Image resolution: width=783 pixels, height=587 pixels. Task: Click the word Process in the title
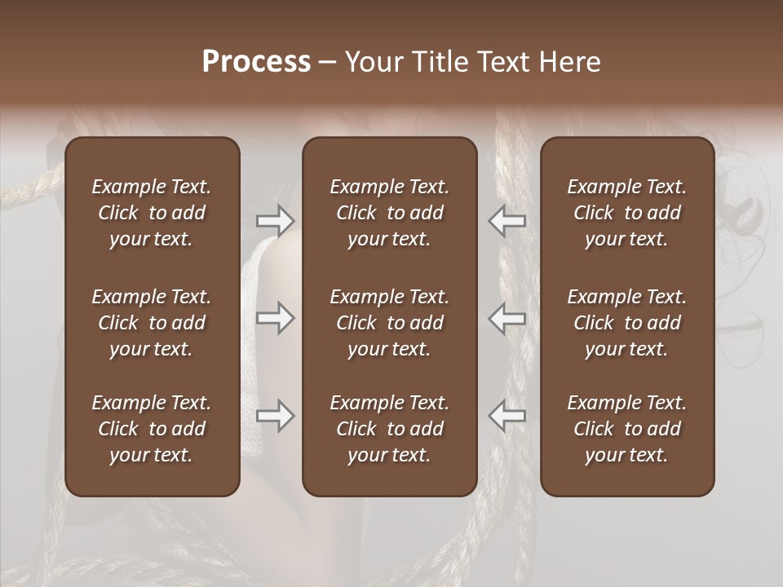(x=256, y=62)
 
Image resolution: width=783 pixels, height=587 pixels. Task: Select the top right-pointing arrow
(x=276, y=220)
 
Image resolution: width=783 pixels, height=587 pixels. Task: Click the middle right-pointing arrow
(x=276, y=318)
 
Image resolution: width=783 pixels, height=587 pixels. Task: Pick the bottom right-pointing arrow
(x=276, y=416)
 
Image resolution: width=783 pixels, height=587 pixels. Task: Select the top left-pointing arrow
(x=507, y=220)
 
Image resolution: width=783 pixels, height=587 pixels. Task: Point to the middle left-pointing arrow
(x=507, y=318)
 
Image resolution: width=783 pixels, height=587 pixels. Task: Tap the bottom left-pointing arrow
(x=507, y=416)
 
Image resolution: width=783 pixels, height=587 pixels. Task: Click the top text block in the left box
(x=152, y=213)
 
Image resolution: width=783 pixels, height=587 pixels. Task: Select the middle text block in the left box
(x=152, y=323)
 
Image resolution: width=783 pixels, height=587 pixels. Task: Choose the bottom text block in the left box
(x=152, y=429)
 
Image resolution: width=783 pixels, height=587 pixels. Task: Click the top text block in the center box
(x=390, y=213)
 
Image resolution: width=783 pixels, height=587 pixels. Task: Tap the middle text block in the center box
(x=390, y=323)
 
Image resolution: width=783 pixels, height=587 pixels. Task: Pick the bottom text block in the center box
(x=390, y=429)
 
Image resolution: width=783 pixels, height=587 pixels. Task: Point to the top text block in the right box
(x=627, y=213)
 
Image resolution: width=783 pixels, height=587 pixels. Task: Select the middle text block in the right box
(x=627, y=323)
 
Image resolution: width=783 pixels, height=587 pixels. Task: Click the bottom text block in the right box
(x=627, y=429)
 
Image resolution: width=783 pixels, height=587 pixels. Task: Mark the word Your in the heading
(x=371, y=62)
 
